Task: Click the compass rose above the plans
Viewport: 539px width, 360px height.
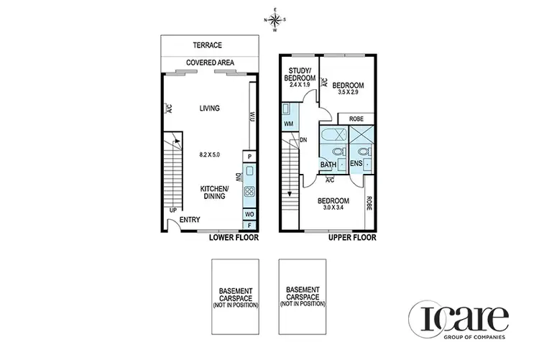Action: (275, 20)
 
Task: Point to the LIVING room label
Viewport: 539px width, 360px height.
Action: (209, 109)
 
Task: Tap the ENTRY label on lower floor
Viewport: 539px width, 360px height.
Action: (190, 220)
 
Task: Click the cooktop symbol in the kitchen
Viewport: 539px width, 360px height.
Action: (249, 192)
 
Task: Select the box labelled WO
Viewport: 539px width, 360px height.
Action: (249, 214)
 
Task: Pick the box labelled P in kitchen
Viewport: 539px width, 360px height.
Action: (249, 157)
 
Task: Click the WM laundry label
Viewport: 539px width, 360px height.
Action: (288, 124)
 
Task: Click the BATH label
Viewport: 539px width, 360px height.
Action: (328, 164)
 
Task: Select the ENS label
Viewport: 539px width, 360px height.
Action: (356, 164)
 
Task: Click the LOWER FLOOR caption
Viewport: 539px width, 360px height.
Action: (233, 237)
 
